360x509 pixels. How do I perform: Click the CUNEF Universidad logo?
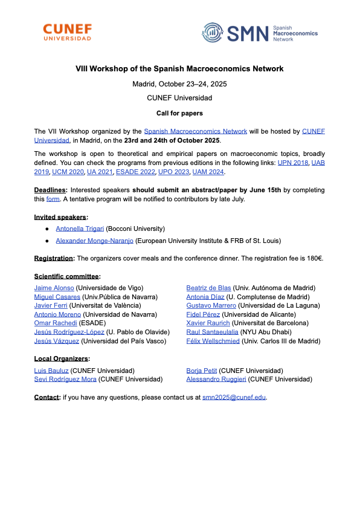pyautogui.click(x=68, y=32)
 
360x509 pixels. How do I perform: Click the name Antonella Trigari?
pyautogui.click(x=80, y=229)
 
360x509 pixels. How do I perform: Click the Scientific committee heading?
pyautogui.click(x=67, y=276)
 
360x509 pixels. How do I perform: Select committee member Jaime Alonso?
pyautogui.click(x=54, y=288)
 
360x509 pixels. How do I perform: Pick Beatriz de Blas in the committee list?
pyautogui.click(x=208, y=288)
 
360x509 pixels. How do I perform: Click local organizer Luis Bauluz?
pyautogui.click(x=51, y=371)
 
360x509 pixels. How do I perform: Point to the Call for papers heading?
pyautogui.click(x=179, y=113)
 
